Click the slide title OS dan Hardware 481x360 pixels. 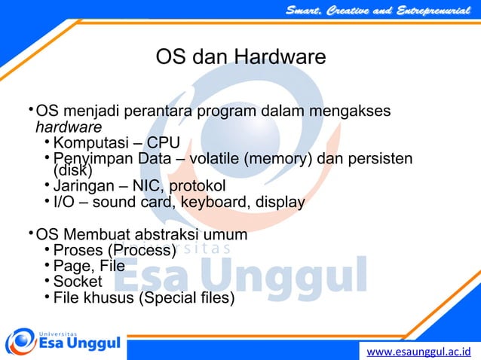(240, 57)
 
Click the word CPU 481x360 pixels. (164, 143)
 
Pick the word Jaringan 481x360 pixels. (83, 186)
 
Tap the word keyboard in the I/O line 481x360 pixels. (219, 202)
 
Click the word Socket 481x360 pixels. (78, 282)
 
